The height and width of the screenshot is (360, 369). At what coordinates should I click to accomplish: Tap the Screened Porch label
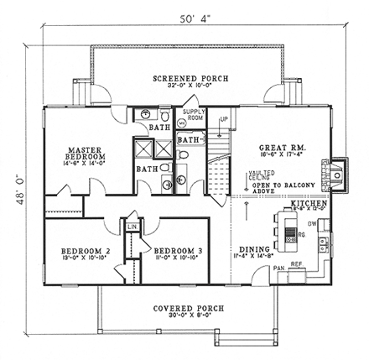[187, 81]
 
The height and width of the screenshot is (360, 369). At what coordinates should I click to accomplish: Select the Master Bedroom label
[87, 156]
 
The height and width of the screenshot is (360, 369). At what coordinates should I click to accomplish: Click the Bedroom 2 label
[86, 253]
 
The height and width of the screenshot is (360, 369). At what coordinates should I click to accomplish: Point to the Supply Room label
[194, 114]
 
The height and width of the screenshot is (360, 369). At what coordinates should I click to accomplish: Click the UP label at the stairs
[223, 120]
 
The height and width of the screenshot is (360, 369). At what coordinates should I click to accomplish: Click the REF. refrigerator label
[296, 264]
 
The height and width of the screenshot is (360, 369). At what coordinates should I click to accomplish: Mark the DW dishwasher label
[311, 223]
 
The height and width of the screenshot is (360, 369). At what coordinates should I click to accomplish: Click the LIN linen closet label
[132, 227]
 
